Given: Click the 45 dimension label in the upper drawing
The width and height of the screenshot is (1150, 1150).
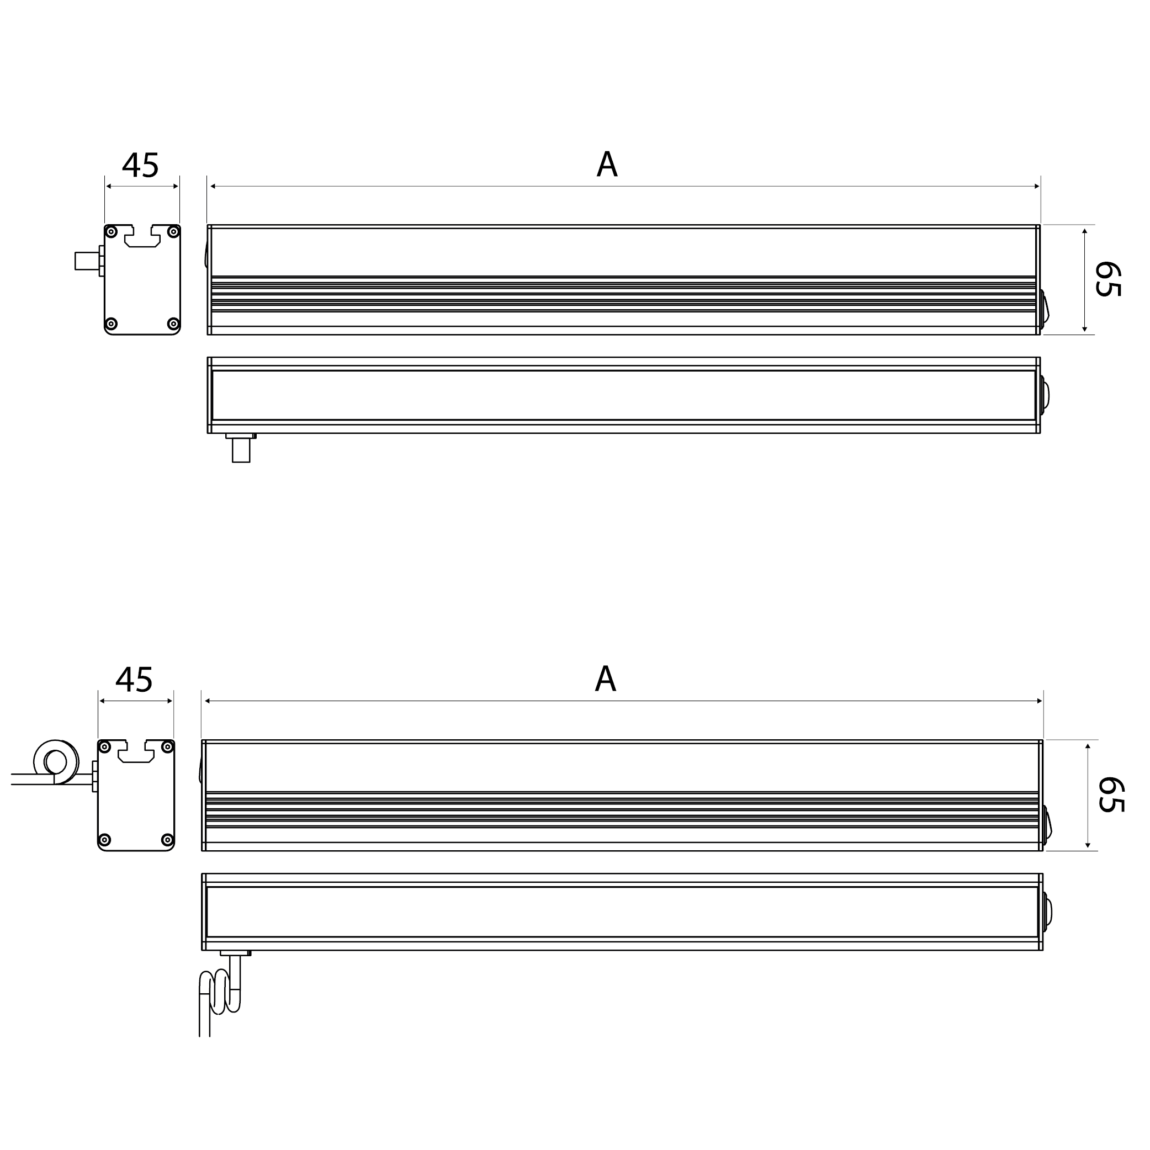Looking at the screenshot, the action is tap(140, 166).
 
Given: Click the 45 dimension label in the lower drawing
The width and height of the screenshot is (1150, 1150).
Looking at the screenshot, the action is tap(134, 680).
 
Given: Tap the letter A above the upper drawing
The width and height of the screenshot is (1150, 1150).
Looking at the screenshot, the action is tap(607, 165).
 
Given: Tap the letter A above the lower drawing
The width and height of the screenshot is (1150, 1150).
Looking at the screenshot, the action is tap(605, 679).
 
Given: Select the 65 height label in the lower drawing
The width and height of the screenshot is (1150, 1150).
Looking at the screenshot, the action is tap(1111, 794).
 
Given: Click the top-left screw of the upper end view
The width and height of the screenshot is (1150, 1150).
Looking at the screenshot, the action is tap(112, 232).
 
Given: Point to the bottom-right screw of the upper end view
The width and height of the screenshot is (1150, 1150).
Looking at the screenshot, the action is tap(173, 324).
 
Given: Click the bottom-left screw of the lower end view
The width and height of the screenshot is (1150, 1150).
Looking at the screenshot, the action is tap(105, 840).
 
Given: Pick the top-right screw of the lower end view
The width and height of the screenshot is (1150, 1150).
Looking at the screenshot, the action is tap(167, 747).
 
